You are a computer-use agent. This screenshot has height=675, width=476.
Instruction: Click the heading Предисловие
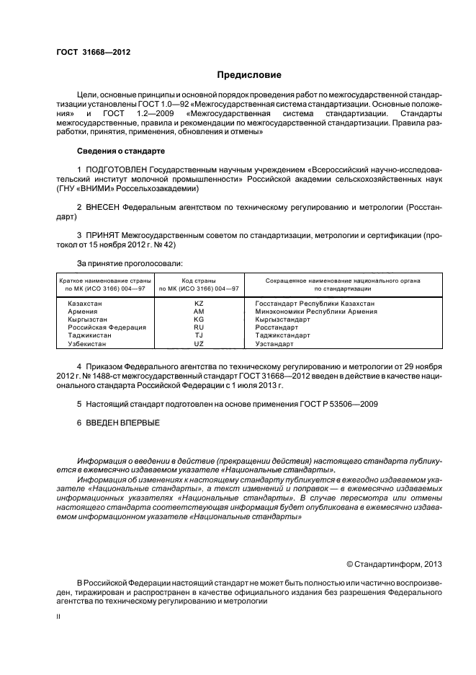[x=249, y=74]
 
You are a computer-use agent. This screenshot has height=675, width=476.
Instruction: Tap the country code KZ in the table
[x=199, y=304]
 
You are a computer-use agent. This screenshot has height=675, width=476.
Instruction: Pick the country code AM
[x=199, y=311]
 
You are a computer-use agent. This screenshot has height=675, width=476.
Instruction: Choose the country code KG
[x=199, y=319]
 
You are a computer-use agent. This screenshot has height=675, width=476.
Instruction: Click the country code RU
[x=199, y=327]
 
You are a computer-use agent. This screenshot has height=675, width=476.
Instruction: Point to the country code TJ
[x=199, y=335]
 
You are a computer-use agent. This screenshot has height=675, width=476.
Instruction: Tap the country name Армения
[x=82, y=311]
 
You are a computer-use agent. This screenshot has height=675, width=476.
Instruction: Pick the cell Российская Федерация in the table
[x=107, y=327]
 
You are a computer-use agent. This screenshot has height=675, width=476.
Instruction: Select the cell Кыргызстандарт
[x=282, y=319]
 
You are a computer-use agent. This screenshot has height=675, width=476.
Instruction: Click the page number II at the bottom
[x=58, y=617]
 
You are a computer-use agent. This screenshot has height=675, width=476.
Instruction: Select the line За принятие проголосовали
[x=130, y=263]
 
